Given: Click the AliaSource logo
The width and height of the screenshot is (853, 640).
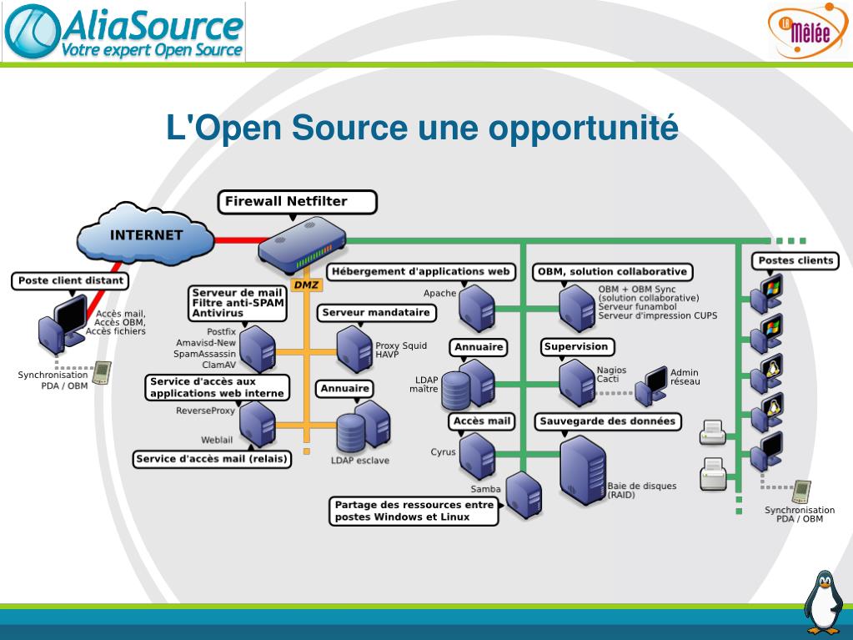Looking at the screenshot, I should (125, 32).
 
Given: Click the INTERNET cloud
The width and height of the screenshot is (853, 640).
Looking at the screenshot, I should (146, 236).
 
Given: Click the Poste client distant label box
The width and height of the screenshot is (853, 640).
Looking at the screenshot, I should (71, 280).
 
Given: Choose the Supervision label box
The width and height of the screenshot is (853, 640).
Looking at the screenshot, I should (576, 346).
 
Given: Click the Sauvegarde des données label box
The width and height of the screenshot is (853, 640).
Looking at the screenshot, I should (607, 421).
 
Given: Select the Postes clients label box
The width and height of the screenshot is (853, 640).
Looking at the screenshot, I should (795, 260).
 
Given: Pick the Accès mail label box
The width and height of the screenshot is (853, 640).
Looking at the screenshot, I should (481, 421).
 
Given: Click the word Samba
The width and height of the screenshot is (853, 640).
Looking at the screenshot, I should (484, 489).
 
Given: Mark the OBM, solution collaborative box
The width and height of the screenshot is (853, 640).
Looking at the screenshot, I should (612, 272).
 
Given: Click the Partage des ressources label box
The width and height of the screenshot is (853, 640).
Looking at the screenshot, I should (414, 511).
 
